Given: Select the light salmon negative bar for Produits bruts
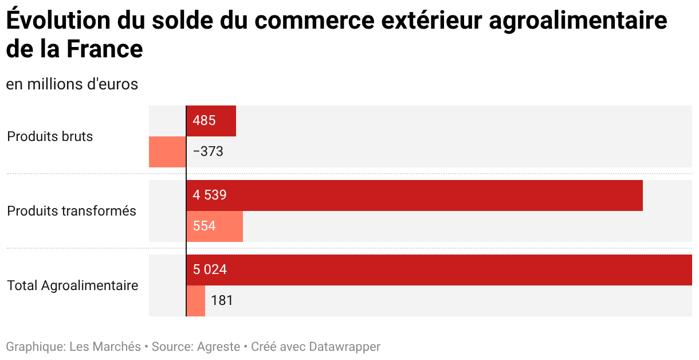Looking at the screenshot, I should click(167, 152).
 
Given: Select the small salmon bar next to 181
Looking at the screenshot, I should click(195, 301).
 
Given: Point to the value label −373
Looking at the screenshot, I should click(208, 152).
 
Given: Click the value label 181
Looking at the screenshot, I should click(222, 300).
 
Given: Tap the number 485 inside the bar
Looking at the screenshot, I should click(205, 121).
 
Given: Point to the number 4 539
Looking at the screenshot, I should click(210, 195).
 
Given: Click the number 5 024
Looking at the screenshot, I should click(210, 270).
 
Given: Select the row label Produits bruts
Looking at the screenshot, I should click(50, 136).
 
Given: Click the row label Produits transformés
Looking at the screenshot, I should click(72, 211).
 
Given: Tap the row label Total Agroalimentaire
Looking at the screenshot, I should click(73, 285).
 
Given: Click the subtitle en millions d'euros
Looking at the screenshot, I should click(72, 84).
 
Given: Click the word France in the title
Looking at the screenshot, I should click(105, 49).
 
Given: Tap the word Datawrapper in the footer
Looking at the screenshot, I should click(344, 347).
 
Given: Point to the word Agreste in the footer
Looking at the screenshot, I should click(219, 347).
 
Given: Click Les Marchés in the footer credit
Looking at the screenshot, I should click(105, 347).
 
